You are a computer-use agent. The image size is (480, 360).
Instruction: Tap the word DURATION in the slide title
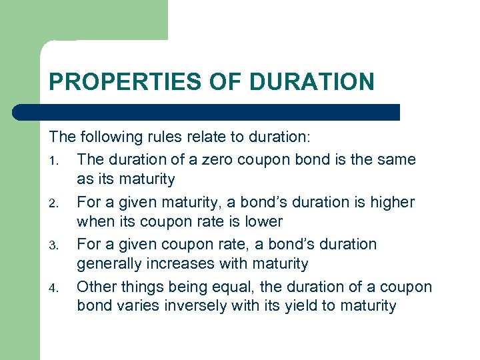(312, 82)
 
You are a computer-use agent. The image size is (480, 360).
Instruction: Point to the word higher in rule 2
(391, 202)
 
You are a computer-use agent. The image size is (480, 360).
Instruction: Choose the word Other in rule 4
(97, 287)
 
